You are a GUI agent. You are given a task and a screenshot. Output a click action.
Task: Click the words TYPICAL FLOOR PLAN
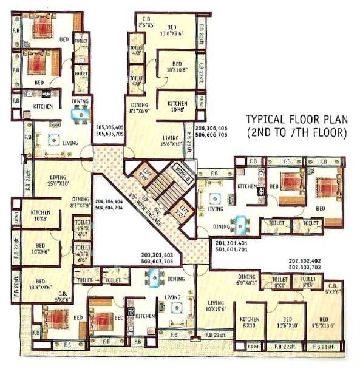(296, 119)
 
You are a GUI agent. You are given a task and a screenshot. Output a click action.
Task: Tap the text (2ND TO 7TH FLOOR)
(296, 131)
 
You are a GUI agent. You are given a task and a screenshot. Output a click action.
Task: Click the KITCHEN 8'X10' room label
(250, 322)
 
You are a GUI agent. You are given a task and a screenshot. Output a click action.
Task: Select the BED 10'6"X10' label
(287, 322)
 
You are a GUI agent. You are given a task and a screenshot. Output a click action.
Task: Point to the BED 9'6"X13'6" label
(325, 322)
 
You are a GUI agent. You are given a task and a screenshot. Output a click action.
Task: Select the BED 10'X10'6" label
(177, 67)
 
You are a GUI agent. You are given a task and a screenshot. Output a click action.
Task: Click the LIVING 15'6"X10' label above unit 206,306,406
(171, 141)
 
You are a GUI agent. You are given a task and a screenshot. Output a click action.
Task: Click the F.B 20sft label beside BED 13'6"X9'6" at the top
(202, 28)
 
